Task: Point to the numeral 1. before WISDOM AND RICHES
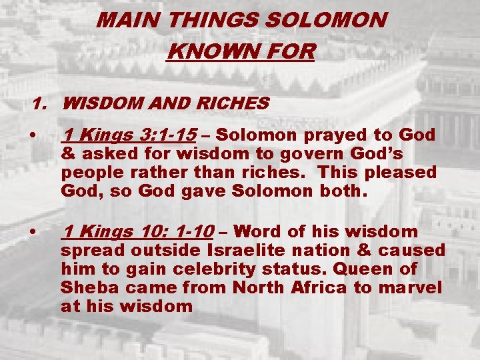(41, 104)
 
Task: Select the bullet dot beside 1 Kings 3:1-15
(33, 136)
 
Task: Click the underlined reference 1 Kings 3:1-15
(129, 135)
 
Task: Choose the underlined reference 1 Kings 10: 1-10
(137, 232)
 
